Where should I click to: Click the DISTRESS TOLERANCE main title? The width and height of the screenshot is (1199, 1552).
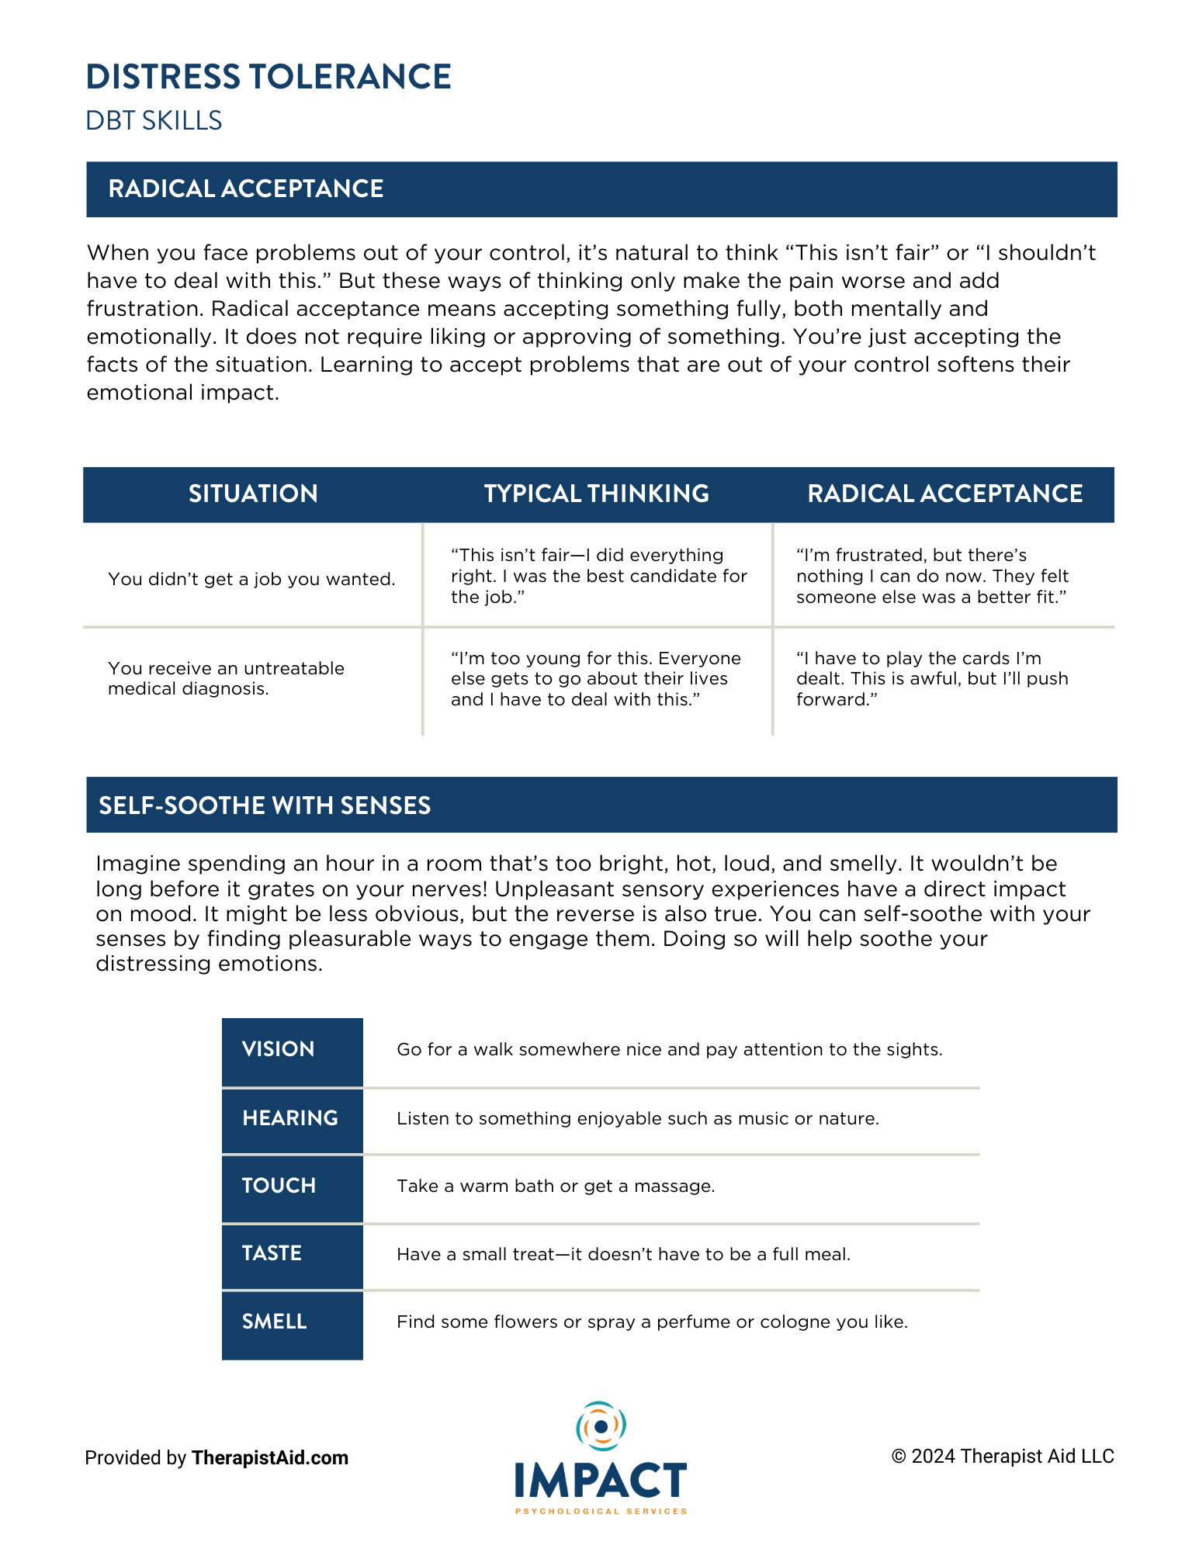point(269,77)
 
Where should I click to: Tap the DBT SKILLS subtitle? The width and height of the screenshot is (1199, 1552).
point(154,121)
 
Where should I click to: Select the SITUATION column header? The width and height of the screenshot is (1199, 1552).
point(253,494)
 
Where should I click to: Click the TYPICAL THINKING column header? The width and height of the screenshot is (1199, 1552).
point(596,494)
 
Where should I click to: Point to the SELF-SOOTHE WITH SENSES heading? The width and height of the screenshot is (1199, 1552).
point(265,805)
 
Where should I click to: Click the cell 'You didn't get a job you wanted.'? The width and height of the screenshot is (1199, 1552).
point(251,579)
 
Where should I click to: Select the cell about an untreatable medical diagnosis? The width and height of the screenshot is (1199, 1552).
point(226,678)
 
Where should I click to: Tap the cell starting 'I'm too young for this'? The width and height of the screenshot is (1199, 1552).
point(596,679)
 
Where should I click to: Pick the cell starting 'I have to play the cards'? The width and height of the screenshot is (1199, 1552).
point(931,679)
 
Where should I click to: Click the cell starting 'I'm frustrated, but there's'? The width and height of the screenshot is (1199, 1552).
point(931,576)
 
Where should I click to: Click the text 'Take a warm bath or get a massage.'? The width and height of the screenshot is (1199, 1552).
point(556,1186)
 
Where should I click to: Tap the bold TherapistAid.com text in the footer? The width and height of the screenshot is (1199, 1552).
point(270,1458)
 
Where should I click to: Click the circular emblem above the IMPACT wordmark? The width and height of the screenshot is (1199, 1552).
point(601,1426)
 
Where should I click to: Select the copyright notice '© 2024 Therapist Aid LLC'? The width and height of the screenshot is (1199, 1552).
point(1003,1457)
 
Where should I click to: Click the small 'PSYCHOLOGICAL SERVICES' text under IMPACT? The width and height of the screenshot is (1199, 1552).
point(601,1512)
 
